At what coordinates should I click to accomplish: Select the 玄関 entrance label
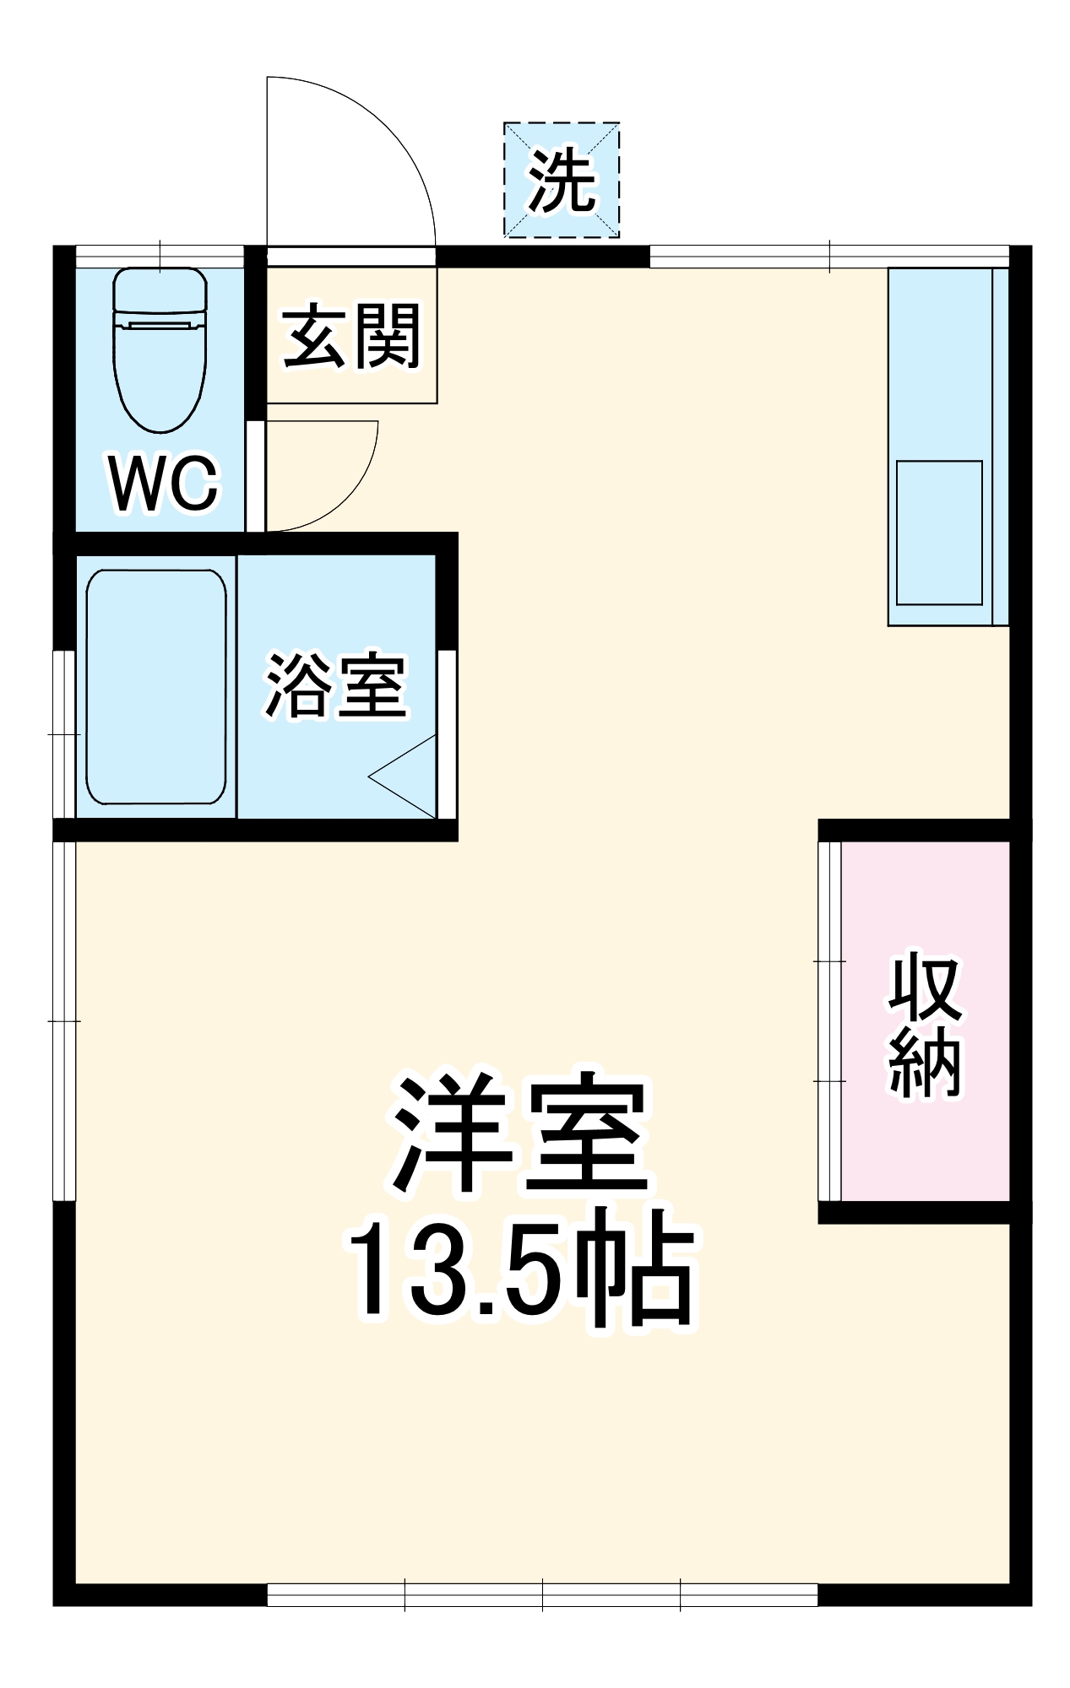tap(351, 338)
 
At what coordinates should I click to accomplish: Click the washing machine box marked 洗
tap(562, 180)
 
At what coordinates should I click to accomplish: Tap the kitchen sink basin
tap(939, 533)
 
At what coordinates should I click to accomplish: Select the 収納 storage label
tap(925, 1025)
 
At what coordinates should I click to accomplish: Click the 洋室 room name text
tap(519, 1135)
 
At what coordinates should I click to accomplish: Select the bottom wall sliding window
tap(542, 1594)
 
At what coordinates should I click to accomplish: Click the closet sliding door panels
tap(829, 1021)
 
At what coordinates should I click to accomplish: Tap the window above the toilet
tap(160, 256)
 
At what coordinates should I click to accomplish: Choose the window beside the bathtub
tap(64, 733)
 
